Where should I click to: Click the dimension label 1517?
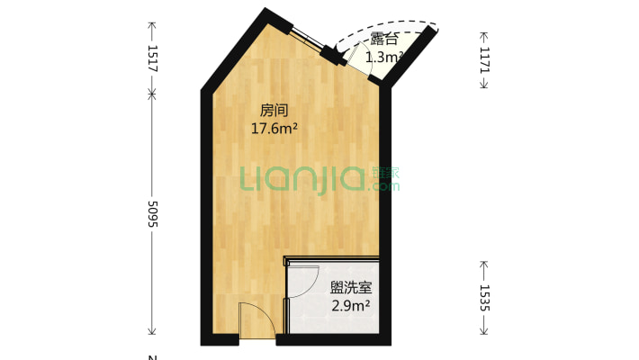click(152, 59)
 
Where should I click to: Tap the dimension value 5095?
click(152, 214)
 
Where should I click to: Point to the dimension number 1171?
click(484, 60)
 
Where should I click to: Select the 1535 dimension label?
click(484, 298)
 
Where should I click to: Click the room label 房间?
click(274, 111)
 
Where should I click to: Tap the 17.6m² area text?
click(274, 129)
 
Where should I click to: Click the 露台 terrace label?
click(383, 40)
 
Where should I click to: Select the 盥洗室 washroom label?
click(351, 288)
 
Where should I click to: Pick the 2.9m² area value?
click(351, 306)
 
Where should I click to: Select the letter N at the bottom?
click(152, 357)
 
